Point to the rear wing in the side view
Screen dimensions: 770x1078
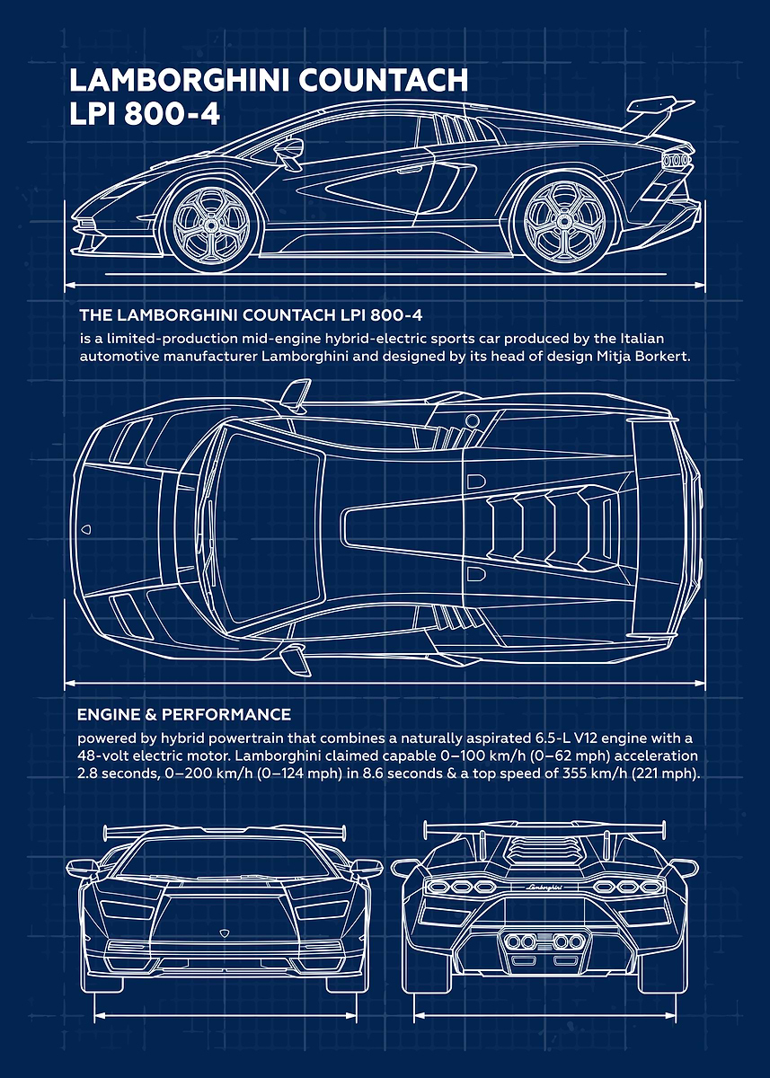659,116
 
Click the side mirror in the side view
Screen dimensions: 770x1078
290,151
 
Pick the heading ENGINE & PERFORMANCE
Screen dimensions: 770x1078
184,714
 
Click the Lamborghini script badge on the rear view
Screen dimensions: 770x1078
544,888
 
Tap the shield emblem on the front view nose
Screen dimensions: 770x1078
224,932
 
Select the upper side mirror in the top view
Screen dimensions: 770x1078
295,393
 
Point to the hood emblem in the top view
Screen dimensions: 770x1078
86,530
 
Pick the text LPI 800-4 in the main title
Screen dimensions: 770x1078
145,115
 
